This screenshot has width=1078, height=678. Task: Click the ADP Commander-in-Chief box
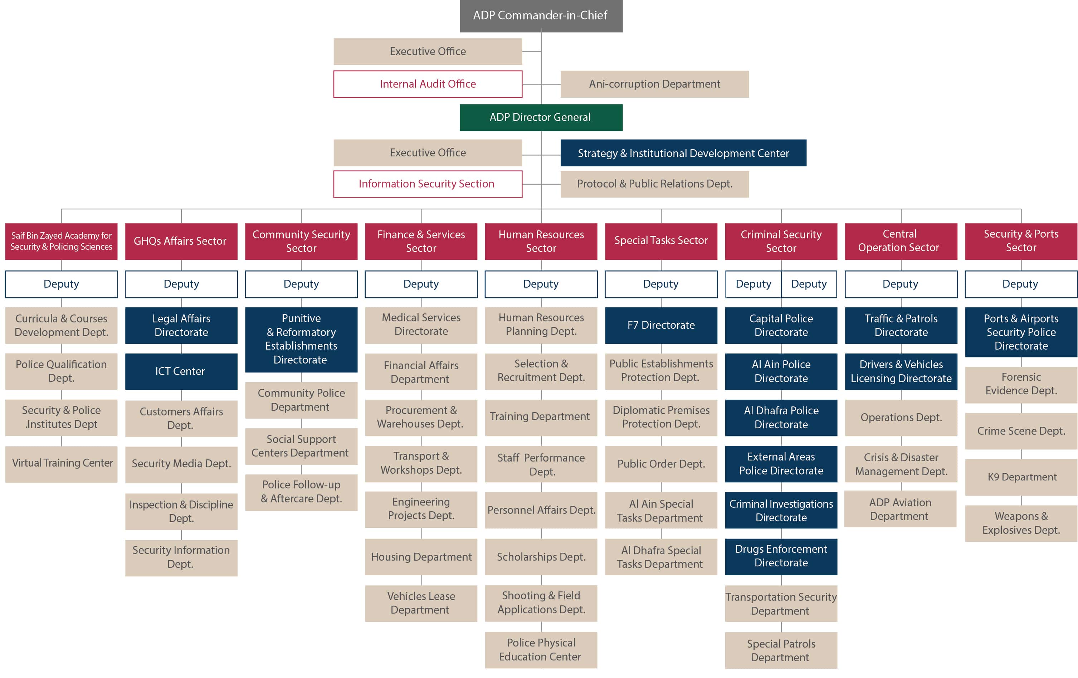click(x=541, y=16)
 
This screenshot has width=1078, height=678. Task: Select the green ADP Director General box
click(x=541, y=117)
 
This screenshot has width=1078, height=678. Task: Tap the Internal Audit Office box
click(x=428, y=84)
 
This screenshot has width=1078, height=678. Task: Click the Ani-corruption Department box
click(x=654, y=84)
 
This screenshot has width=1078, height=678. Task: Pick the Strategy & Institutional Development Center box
click(x=683, y=153)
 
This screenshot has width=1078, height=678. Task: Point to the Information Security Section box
click(x=428, y=184)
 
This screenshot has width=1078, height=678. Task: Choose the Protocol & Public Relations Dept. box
click(x=654, y=184)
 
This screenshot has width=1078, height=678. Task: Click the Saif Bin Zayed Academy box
click(x=61, y=242)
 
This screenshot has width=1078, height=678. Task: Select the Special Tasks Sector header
click(x=661, y=242)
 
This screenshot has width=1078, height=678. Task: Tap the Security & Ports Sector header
click(x=1021, y=242)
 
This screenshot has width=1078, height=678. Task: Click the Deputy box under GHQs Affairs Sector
click(x=181, y=284)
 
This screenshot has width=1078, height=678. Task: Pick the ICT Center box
click(x=181, y=372)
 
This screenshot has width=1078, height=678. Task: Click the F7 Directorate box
click(x=661, y=326)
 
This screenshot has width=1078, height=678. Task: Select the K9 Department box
click(x=1021, y=477)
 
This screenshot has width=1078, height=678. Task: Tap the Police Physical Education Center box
click(x=541, y=650)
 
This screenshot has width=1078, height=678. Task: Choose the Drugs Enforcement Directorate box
click(x=781, y=557)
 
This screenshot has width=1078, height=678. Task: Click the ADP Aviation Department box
click(x=900, y=509)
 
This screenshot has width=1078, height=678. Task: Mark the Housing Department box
click(x=421, y=557)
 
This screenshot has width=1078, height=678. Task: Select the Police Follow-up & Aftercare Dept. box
click(x=301, y=492)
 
